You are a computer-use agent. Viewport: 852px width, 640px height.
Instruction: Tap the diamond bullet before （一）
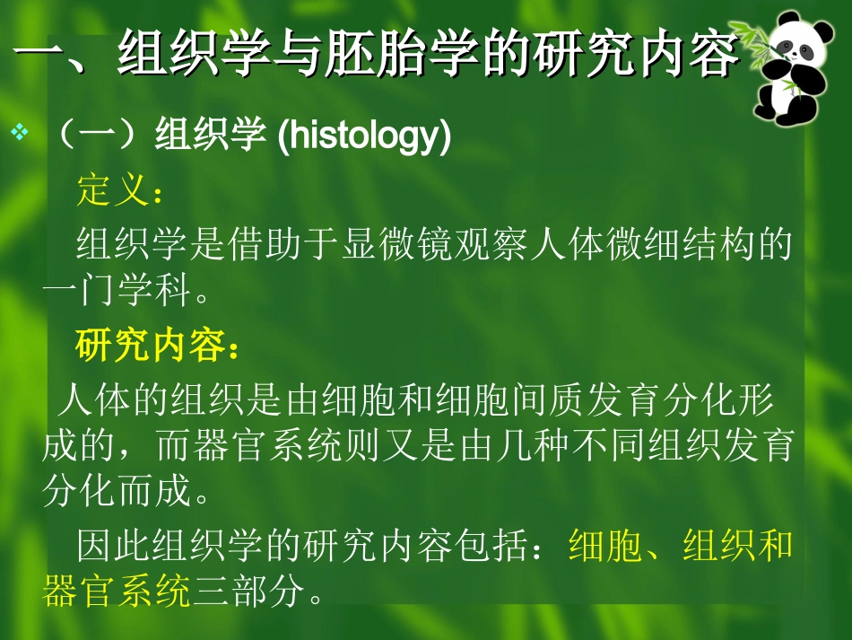coord(19,135)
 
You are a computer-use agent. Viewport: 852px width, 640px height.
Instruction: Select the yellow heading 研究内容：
coord(158,346)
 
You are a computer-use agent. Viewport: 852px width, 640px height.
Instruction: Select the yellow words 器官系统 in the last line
coord(117,591)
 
